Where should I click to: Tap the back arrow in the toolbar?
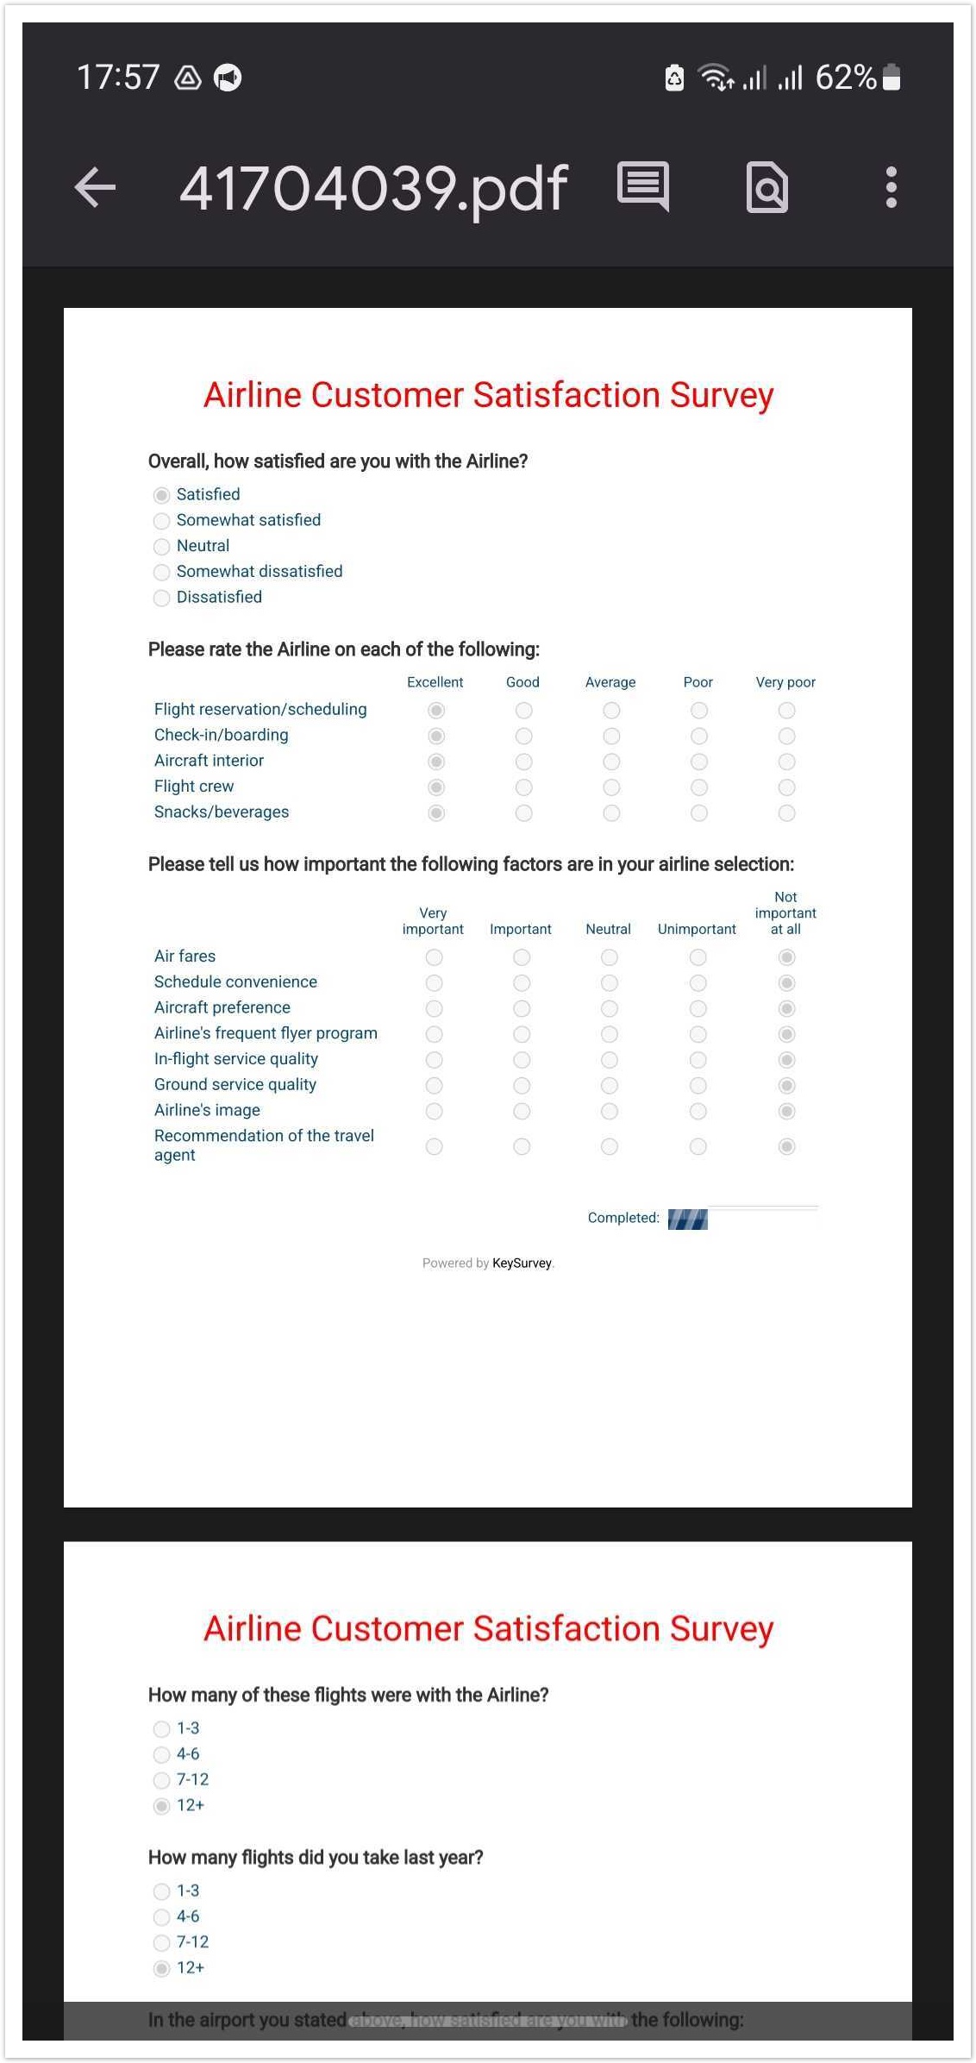point(96,187)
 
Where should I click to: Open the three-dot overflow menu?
point(891,187)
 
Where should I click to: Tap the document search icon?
point(766,187)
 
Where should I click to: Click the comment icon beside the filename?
point(643,185)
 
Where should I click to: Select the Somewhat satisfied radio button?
point(161,521)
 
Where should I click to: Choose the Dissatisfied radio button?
point(161,598)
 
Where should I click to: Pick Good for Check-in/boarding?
point(523,736)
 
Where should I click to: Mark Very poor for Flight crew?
point(786,787)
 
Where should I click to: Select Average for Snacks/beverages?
point(611,813)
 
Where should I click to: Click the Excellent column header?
point(435,682)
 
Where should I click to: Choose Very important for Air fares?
point(434,957)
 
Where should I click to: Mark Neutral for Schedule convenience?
point(609,983)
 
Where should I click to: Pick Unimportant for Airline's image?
point(698,1112)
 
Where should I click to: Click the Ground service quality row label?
point(235,1085)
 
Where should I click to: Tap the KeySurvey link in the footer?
point(522,1264)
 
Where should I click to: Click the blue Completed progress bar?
point(687,1219)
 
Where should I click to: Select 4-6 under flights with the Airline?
point(161,1754)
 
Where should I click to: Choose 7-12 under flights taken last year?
point(161,1942)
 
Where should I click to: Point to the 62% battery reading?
point(846,78)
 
